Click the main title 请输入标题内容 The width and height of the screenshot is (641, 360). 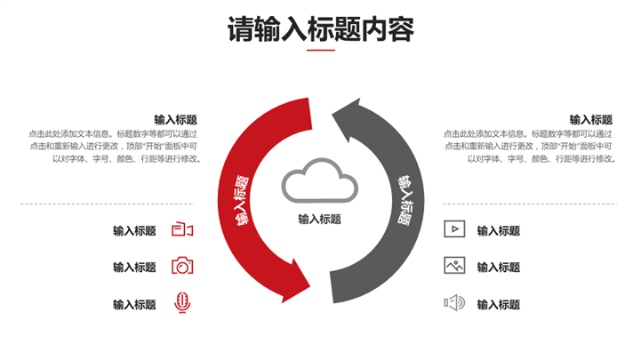(320, 29)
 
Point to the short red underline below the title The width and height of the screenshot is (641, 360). (320, 51)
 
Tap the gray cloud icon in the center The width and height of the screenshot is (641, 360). (319, 181)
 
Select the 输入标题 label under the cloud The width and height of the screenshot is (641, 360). (320, 219)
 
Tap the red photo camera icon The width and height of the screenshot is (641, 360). (182, 266)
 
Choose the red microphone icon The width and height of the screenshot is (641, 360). (182, 303)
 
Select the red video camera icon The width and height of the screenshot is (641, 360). (182, 230)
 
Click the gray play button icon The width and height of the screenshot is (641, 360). (454, 229)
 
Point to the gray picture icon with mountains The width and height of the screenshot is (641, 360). (454, 265)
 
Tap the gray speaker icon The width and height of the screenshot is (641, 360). (454, 303)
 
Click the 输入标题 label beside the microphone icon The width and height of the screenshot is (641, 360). (134, 304)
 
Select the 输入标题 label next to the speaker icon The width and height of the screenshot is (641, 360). (499, 304)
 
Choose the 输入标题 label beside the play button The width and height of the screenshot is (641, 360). (499, 231)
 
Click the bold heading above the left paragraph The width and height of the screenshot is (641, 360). (175, 120)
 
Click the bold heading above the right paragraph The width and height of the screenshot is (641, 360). (591, 120)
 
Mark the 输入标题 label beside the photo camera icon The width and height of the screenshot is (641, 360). (134, 267)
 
